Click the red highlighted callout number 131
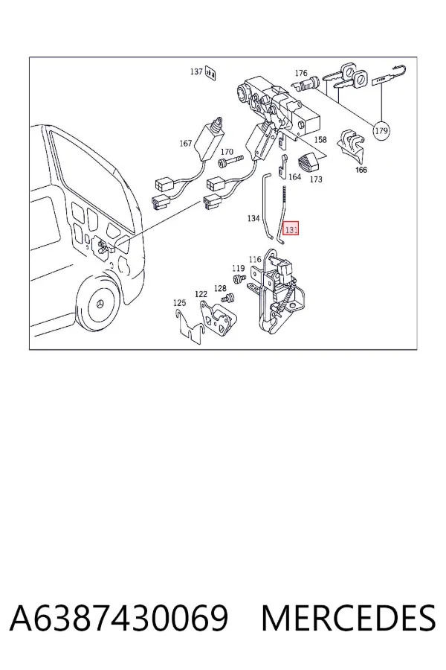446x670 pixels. [x=291, y=229]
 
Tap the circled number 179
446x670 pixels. [x=381, y=130]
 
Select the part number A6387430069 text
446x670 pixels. [x=119, y=618]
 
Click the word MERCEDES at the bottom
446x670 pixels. [x=349, y=618]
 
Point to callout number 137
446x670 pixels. [x=196, y=71]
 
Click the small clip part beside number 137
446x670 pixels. [x=210, y=74]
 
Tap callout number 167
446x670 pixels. [x=186, y=143]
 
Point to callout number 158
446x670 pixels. [x=320, y=139]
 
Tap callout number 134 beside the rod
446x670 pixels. [x=253, y=218]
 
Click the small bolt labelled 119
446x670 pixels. [x=239, y=279]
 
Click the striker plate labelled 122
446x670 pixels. [x=218, y=319]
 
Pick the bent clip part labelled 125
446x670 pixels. [x=190, y=327]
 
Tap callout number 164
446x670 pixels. [x=295, y=176]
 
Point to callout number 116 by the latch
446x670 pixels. [x=255, y=259]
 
